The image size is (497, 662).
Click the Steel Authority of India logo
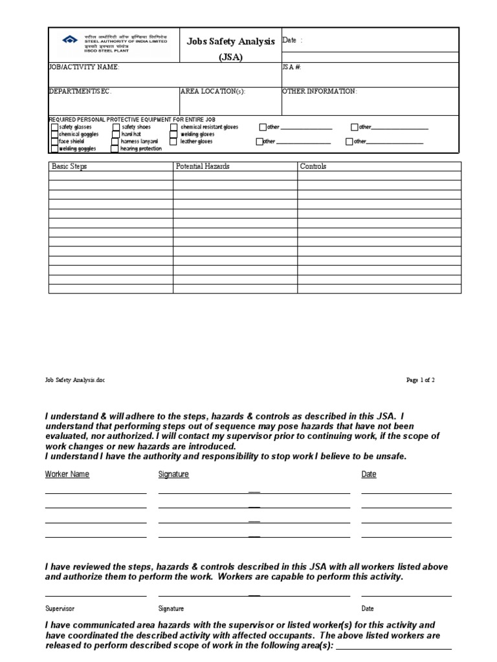point(69,40)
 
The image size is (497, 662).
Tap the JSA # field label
point(292,67)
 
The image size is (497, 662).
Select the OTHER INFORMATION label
point(319,92)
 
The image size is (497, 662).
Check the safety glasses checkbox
point(54,127)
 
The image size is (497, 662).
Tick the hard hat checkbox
point(115,134)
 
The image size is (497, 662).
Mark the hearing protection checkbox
point(115,149)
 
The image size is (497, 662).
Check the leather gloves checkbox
point(173,141)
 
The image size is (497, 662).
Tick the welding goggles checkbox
point(54,149)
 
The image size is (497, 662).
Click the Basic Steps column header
point(69,166)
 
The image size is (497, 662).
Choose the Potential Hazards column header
point(203,166)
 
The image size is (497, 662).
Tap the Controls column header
point(313,166)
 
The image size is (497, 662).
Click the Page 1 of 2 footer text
point(420,380)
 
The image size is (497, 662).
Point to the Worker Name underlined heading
point(67,475)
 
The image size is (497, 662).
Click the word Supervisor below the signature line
point(60,608)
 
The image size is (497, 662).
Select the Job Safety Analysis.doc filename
point(74,380)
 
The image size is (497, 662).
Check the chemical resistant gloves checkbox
point(174,127)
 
